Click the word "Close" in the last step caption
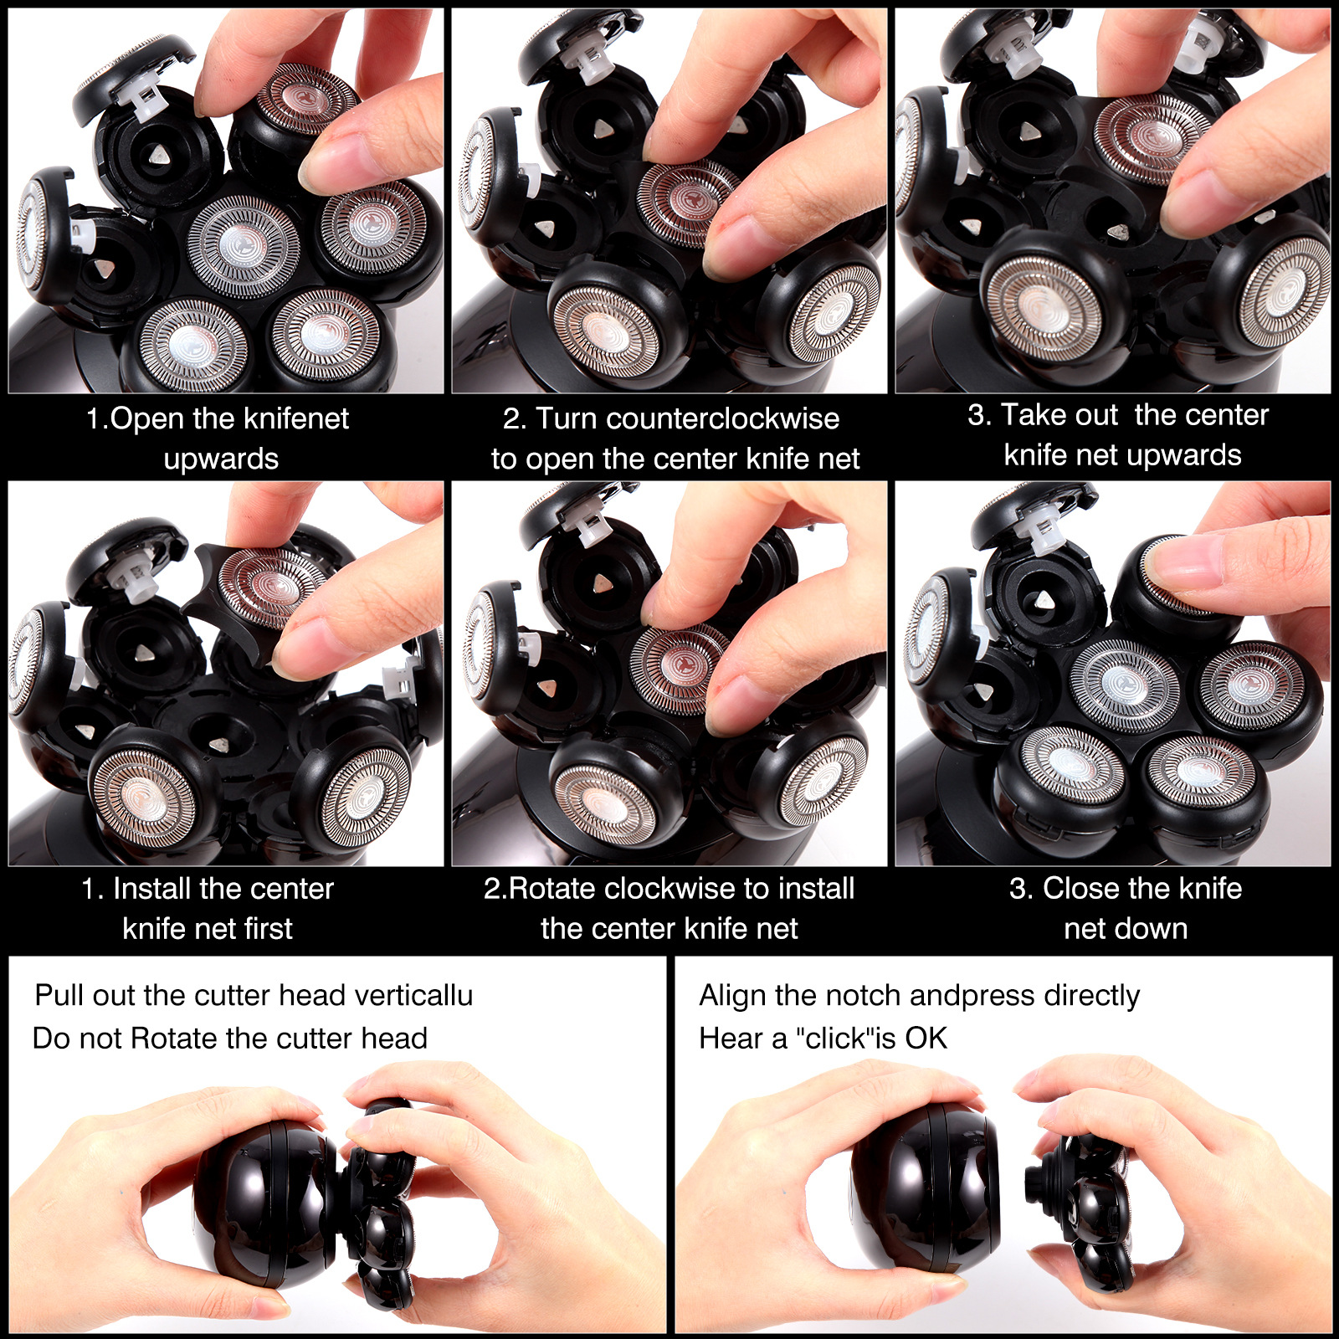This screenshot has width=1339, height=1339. (x=1080, y=888)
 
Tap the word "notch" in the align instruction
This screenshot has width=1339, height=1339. (x=864, y=995)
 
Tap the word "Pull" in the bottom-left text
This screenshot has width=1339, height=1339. (x=59, y=995)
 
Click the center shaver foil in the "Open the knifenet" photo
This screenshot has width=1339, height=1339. (x=244, y=247)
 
